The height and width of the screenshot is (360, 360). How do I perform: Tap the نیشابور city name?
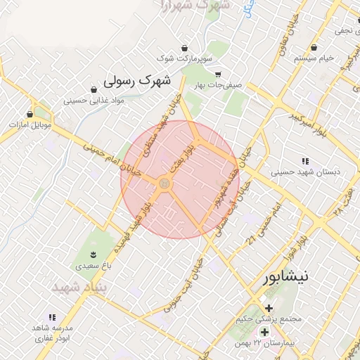pos(284,276)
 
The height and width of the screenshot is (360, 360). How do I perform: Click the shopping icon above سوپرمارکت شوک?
pos(184,48)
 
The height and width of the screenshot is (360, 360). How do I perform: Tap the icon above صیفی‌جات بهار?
pos(217,74)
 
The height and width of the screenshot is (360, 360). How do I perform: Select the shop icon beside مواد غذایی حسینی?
pos(94,89)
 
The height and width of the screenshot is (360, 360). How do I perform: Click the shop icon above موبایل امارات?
pos(30,113)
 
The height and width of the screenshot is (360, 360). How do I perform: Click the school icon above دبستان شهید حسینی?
pos(304,160)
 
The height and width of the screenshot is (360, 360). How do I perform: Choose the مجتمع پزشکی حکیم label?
pos(270,319)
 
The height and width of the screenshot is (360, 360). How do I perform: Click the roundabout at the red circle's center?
pos(165,183)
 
